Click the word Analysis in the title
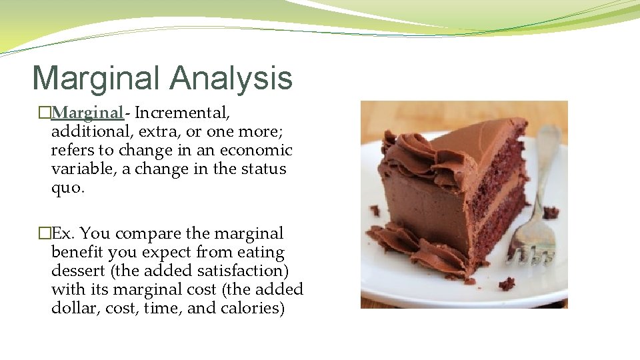tap(231, 79)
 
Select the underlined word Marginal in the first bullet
tap(87, 113)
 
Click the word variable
tap(84, 169)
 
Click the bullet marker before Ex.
tap(44, 233)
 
